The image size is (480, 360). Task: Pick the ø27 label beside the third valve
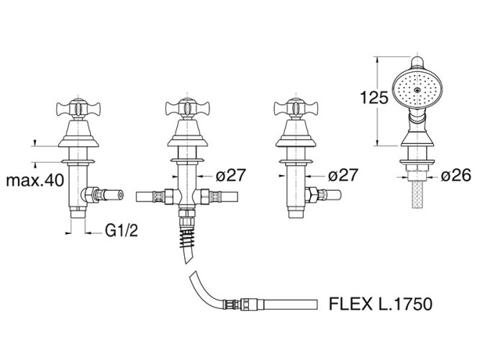point(344,174)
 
